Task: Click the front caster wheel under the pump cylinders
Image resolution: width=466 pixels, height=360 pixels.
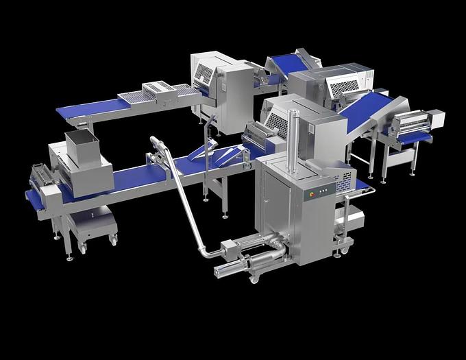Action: coord(254,278)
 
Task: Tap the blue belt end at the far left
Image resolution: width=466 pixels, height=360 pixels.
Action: coord(33,200)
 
